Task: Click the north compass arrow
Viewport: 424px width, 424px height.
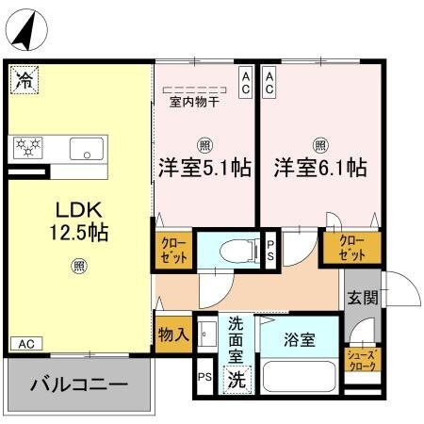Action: click(28, 29)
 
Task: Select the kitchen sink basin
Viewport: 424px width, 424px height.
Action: click(87, 148)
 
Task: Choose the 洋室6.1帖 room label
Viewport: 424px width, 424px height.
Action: click(320, 168)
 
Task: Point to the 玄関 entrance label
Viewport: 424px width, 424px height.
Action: click(362, 299)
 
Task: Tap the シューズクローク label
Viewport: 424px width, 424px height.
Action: click(362, 360)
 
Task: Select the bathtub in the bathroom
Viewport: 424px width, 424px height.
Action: click(299, 376)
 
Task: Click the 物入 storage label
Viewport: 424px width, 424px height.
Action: click(173, 334)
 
